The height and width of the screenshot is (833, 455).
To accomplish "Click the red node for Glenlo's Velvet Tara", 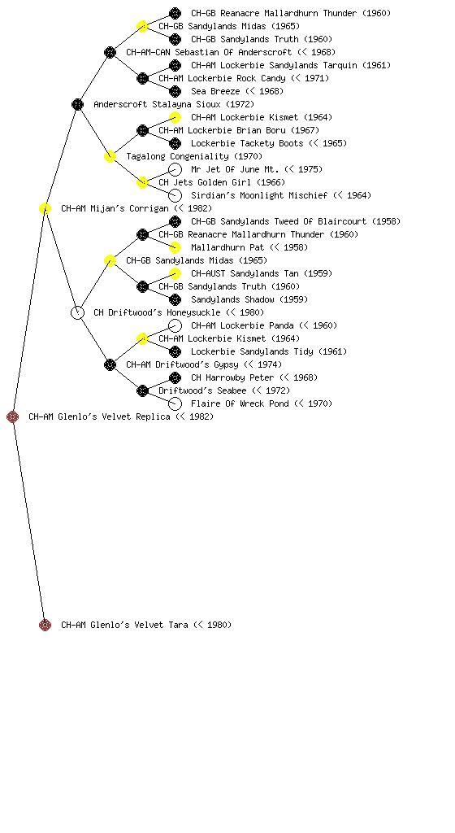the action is point(45,625).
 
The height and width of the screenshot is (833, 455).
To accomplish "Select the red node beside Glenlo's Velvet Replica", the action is point(13,416).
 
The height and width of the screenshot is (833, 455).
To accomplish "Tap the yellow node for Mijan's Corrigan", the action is point(45,208).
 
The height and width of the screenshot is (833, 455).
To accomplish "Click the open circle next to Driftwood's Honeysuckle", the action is point(77,312).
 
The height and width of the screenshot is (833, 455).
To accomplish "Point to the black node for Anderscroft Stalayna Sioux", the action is point(77,104).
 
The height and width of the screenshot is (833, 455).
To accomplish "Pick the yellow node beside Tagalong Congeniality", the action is point(110,156).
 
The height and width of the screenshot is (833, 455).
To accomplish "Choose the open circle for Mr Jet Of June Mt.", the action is point(175,169).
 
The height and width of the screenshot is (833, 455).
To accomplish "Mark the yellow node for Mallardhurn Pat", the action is point(175,247).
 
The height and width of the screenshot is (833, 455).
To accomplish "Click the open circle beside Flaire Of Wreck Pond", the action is point(175,403).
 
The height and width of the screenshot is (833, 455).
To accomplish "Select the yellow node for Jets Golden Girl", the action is point(142,182).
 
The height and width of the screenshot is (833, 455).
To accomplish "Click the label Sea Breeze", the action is point(215,91).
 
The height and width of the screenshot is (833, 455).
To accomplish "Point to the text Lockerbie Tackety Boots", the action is point(247,143).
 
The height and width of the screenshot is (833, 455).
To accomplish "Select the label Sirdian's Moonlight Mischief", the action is point(259,195).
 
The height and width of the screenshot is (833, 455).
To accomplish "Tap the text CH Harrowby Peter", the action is point(232,377).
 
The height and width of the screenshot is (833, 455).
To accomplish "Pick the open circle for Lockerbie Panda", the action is point(175,325).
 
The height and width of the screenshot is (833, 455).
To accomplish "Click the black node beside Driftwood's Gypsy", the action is point(110,364).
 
